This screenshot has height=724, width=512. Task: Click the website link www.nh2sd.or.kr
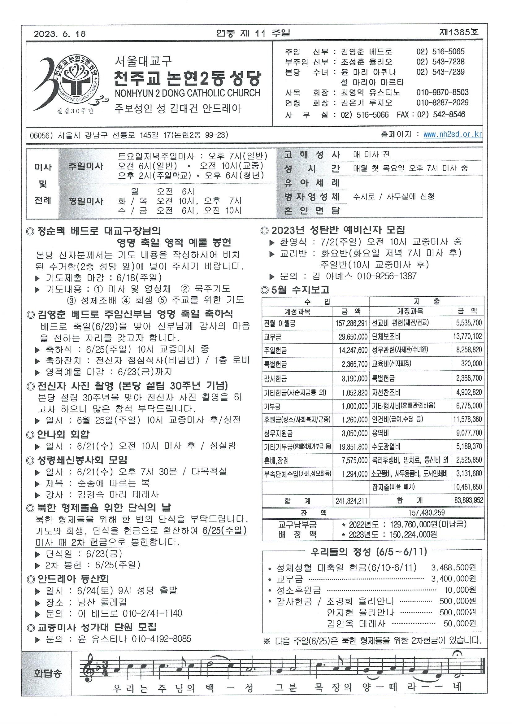[453, 134]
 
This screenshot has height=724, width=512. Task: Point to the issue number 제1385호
[458, 32]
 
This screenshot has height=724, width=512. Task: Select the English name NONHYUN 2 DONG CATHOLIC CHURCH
[188, 93]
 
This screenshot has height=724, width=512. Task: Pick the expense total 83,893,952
[468, 500]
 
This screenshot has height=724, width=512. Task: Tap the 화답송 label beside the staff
[48, 674]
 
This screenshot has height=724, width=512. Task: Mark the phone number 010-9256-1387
[387, 276]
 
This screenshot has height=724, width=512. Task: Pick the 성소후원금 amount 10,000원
[460, 590]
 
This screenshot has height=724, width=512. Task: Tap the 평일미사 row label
[86, 201]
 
